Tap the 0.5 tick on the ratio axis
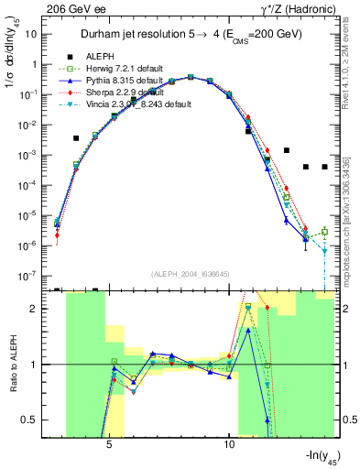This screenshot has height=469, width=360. (32, 420)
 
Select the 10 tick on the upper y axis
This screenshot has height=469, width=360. (33, 34)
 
